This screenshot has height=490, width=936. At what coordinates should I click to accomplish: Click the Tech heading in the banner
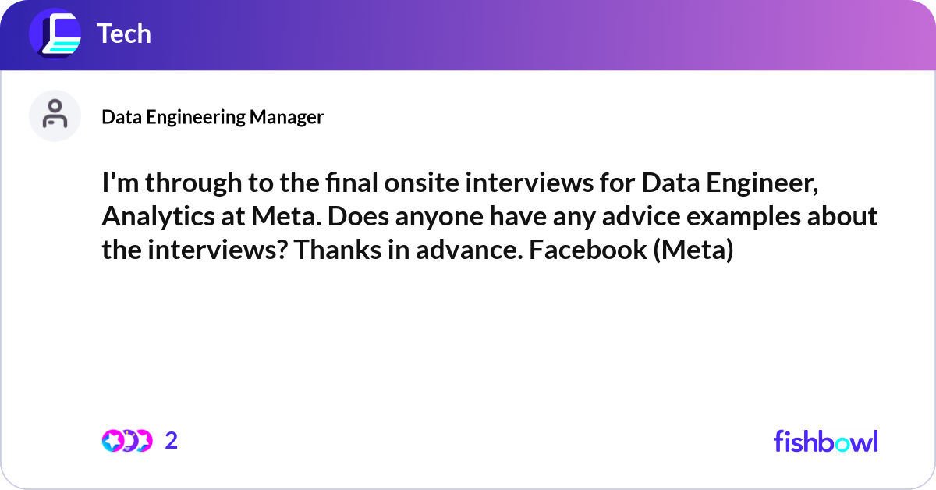[x=124, y=34]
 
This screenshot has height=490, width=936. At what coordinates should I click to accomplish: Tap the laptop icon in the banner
[x=55, y=34]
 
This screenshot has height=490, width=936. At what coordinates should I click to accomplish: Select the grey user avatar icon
[x=55, y=115]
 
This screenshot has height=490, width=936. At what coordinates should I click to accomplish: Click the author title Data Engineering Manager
[x=213, y=117]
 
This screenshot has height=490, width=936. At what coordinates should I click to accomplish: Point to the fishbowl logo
[x=826, y=441]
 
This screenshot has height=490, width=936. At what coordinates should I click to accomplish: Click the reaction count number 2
[x=172, y=441]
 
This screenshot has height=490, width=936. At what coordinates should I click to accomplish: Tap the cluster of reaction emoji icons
[x=127, y=441]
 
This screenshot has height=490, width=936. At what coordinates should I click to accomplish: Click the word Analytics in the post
[x=158, y=218]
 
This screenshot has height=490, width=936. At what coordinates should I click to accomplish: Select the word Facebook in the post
[x=588, y=250]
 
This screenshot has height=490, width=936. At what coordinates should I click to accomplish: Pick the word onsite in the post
[x=422, y=183]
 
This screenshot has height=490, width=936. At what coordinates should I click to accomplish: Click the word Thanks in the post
[x=337, y=250]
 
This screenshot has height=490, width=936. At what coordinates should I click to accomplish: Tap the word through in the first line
[x=193, y=184]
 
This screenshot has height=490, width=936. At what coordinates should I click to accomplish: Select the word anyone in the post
[x=439, y=218]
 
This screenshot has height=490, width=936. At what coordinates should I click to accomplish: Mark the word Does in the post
[x=358, y=216]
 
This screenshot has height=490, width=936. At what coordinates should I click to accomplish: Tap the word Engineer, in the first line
[x=762, y=184]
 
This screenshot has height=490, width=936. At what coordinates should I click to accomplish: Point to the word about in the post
[x=842, y=216]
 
